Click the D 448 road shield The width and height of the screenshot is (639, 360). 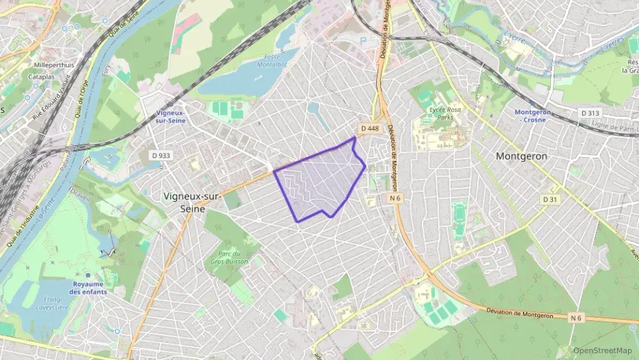369,128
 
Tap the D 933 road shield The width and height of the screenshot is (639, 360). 160,155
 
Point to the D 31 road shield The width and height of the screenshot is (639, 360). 550,199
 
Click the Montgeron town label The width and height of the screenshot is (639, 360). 521,156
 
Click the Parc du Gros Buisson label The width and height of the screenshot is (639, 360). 234,256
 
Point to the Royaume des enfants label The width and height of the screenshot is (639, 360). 87,288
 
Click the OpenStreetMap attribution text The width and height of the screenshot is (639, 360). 603,351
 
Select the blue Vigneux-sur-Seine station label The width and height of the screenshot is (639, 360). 170,116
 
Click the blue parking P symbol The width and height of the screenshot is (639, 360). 363,41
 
